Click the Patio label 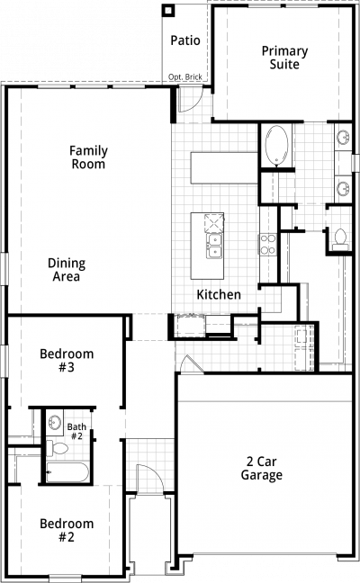[185, 40]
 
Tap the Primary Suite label [285, 58]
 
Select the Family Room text [88, 157]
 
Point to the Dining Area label [67, 270]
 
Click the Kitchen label [219, 294]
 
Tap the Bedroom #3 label [67, 360]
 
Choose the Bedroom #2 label [67, 530]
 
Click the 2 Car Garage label [262, 468]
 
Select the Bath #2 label [76, 431]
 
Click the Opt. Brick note [185, 77]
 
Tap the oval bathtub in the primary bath [276, 146]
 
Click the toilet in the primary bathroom [340, 240]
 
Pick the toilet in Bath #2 [57, 448]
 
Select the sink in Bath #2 [55, 422]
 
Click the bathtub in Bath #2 [67, 472]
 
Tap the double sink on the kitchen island [214, 246]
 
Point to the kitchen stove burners [268, 245]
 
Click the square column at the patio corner [168, 11]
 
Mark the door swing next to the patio [190, 99]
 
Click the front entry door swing [150, 479]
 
